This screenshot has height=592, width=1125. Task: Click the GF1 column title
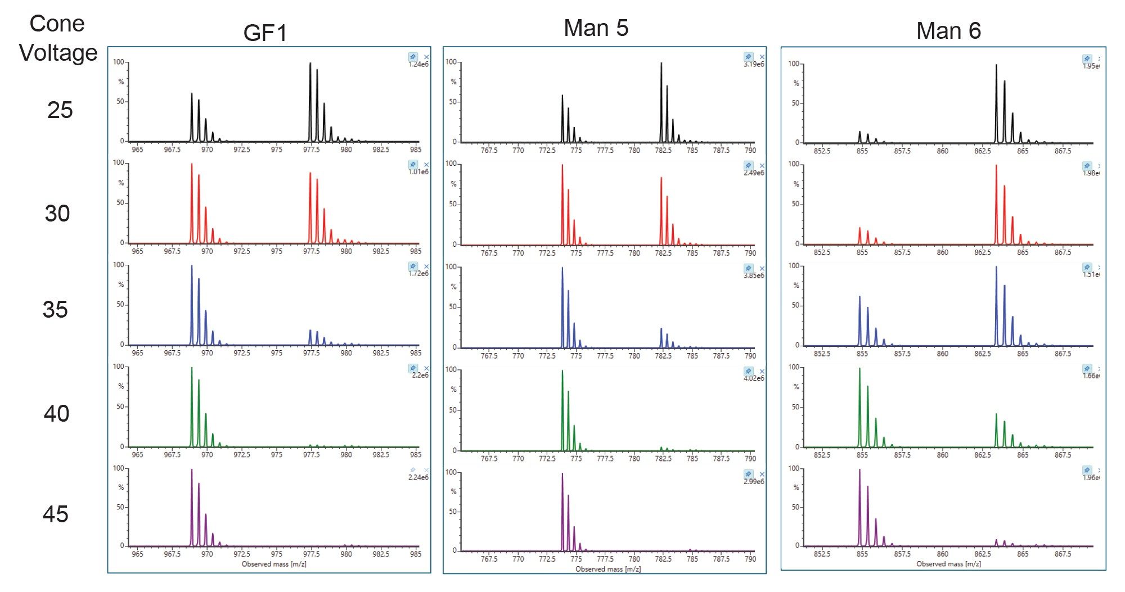[265, 33]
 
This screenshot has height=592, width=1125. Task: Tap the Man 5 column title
[596, 28]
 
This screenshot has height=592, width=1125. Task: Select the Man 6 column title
[948, 31]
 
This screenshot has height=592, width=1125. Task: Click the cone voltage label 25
[60, 110]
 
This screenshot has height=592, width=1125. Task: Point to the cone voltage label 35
[55, 310]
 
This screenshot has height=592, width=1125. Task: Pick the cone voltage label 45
[55, 514]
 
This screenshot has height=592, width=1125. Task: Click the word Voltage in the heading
[58, 53]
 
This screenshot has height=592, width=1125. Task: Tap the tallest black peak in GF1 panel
[310, 65]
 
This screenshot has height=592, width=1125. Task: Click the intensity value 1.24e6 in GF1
[418, 65]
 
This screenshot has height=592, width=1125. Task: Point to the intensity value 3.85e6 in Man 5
[753, 275]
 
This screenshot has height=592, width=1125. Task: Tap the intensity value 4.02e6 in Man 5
[753, 378]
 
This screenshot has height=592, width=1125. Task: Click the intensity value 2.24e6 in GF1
[418, 477]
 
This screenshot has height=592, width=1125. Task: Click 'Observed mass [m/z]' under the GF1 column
[274, 564]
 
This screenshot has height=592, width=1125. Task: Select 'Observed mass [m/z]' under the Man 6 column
[948, 564]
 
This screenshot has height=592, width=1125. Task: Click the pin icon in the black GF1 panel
[413, 57]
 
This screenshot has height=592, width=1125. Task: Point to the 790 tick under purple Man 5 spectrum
[750, 559]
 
